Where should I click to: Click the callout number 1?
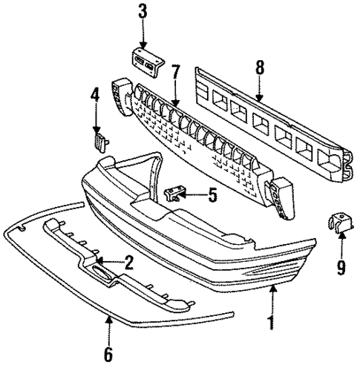coord(272,323)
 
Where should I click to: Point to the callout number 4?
coord(95,95)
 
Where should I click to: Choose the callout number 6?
coord(108,355)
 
